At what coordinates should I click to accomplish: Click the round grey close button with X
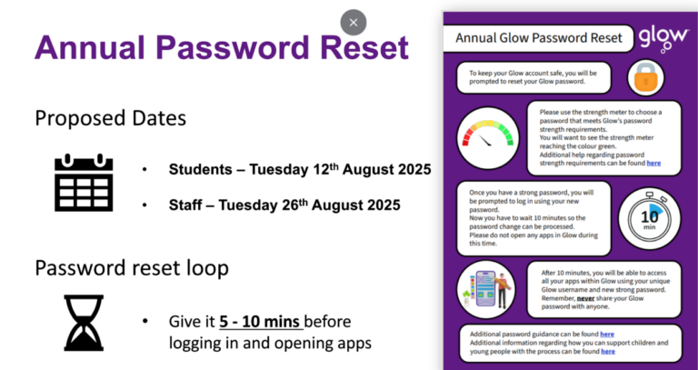(x=354, y=23)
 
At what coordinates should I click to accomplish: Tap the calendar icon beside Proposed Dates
(x=83, y=182)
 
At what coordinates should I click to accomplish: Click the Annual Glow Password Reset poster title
(x=538, y=38)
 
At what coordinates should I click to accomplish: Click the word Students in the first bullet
(x=197, y=169)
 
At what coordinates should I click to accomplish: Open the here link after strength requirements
(x=653, y=163)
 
